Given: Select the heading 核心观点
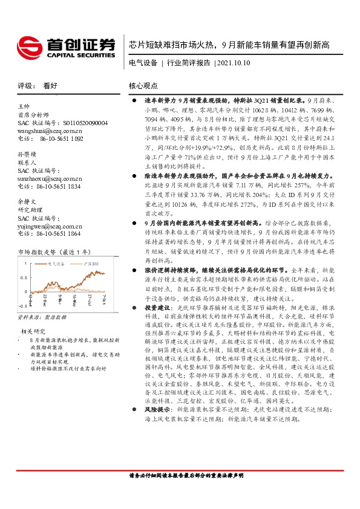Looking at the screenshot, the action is pos(143,86).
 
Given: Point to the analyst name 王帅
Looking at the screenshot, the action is pos(24,106).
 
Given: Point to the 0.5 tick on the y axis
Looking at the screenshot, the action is pos(24,278).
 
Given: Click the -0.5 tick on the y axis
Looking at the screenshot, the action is pos(23,306).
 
